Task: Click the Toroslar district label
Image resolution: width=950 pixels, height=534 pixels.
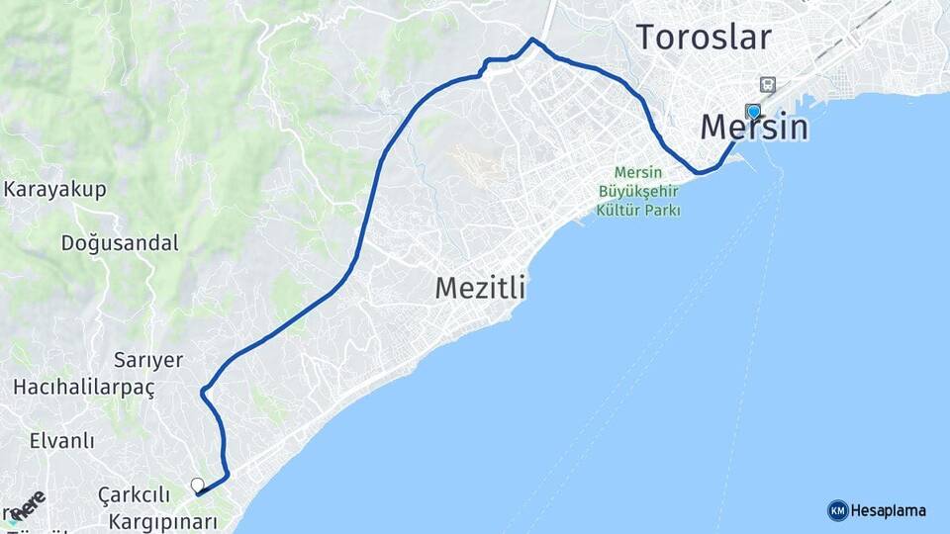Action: pyautogui.click(x=703, y=38)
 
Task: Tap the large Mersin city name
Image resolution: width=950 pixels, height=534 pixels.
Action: pyautogui.click(x=754, y=128)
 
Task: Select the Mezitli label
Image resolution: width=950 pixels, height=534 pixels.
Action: pyautogui.click(x=480, y=289)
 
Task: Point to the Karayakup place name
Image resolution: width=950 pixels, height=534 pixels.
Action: pyautogui.click(x=55, y=190)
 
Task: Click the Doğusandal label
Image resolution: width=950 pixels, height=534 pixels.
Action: pyautogui.click(x=120, y=242)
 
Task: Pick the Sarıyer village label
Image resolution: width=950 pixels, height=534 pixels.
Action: pyautogui.click(x=147, y=360)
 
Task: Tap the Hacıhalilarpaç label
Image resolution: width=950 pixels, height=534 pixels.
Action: pyautogui.click(x=84, y=388)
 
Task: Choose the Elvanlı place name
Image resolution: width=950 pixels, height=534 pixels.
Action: pyautogui.click(x=62, y=440)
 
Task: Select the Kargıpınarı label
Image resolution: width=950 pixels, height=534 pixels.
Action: pyautogui.click(x=162, y=520)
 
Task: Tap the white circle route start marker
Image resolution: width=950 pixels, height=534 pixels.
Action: pyautogui.click(x=198, y=485)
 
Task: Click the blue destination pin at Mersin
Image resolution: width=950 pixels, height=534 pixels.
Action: pyautogui.click(x=754, y=112)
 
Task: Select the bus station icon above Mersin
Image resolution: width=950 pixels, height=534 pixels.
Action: pyautogui.click(x=767, y=85)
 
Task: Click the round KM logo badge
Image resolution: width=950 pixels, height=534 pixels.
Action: pyautogui.click(x=837, y=510)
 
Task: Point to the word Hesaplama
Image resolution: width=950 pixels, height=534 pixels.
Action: pyautogui.click(x=889, y=510)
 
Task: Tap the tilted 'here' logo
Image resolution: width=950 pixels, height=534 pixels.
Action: pyautogui.click(x=27, y=504)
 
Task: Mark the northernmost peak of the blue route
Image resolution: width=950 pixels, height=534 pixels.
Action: pyautogui.click(x=532, y=40)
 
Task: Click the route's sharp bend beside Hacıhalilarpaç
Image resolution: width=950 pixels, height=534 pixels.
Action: pyautogui.click(x=203, y=392)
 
